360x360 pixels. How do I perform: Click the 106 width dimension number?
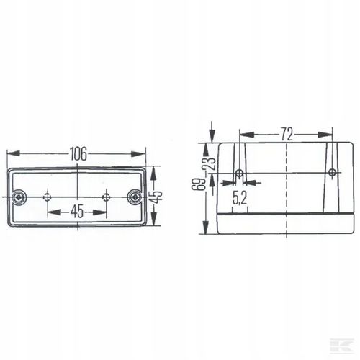[x=78, y=154]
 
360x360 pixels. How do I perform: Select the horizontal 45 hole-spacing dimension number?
[x=77, y=212]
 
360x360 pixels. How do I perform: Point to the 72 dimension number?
[x=287, y=134]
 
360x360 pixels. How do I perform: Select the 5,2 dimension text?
[x=240, y=199]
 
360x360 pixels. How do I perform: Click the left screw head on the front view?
[x=18, y=197]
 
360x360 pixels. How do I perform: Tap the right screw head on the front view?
[x=135, y=197]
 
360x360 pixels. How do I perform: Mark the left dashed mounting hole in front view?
[x=48, y=197]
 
